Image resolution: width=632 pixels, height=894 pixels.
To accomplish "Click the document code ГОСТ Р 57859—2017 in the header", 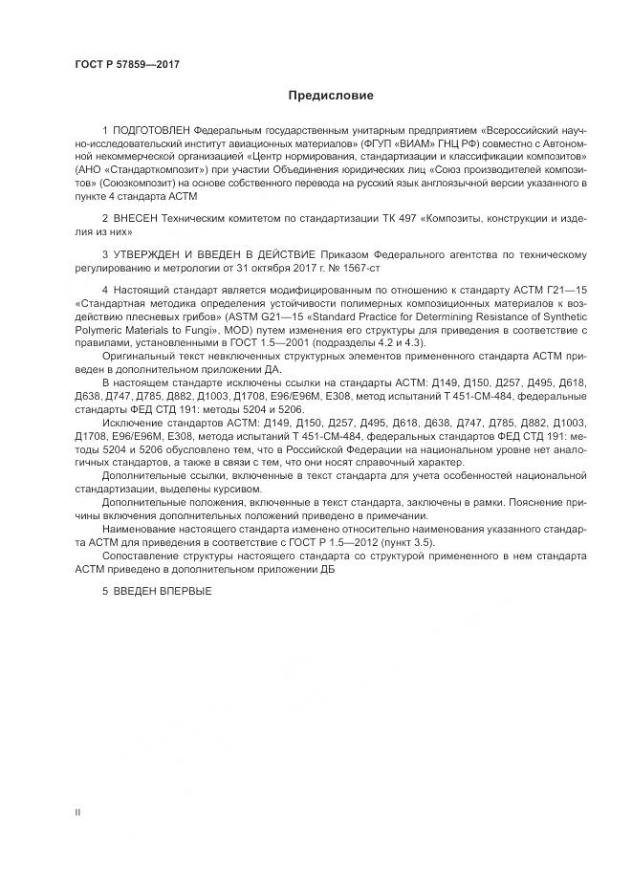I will [127, 64].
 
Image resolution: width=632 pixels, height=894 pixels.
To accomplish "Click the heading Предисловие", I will [331, 96].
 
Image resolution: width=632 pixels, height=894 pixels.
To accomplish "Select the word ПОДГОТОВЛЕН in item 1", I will [151, 128].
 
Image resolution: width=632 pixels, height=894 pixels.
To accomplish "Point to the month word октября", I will [286, 267].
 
